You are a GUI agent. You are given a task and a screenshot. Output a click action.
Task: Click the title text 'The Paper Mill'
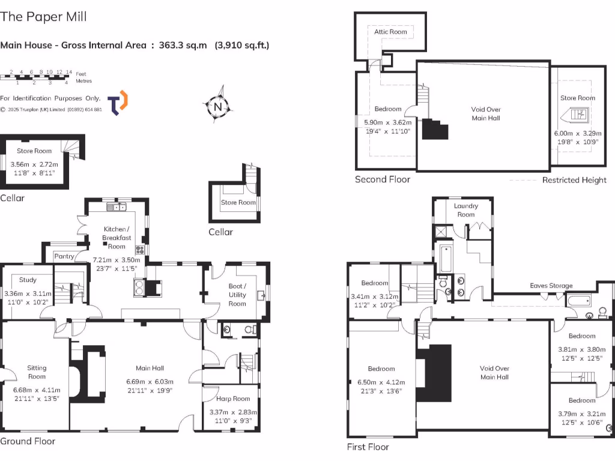43,16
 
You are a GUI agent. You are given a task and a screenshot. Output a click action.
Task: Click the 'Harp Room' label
233,399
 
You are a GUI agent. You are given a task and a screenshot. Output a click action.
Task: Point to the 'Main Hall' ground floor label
149,368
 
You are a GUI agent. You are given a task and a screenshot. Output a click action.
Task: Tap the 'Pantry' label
64,256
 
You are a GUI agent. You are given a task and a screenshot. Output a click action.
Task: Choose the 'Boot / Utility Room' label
237,295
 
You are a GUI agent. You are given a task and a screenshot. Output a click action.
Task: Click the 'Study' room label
28,280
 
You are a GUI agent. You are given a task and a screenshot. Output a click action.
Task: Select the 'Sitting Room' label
37,372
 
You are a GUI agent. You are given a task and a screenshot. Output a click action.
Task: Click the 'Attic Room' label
390,32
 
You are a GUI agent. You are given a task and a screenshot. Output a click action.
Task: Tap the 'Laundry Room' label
466,210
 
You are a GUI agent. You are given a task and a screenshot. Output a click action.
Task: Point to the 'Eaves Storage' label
551,286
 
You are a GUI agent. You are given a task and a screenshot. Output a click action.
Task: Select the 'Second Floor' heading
383,179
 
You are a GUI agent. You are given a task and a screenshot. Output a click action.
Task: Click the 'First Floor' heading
368,447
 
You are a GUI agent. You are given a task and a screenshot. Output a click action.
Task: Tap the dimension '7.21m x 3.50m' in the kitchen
116,260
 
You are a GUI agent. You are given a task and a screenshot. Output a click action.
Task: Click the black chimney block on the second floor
435,129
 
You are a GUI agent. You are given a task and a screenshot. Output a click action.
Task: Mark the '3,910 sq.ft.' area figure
242,45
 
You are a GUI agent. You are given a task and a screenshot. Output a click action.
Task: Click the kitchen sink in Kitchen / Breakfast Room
116,207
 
